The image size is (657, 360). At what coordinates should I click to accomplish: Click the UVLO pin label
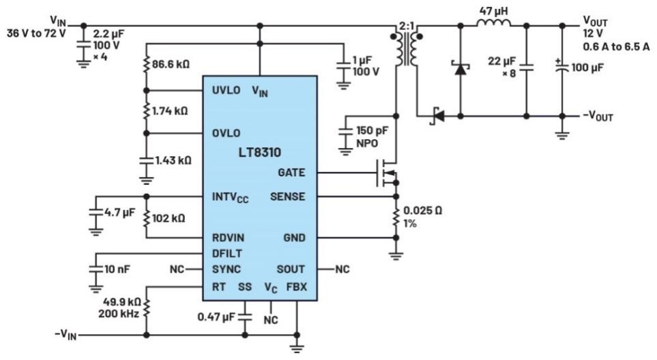tap(226, 91)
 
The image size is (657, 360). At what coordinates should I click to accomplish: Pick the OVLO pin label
tap(226, 133)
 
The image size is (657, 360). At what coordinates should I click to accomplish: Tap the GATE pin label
tap(292, 172)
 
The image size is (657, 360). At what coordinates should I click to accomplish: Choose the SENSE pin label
tap(289, 197)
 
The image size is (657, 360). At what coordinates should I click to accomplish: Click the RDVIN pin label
tap(229, 238)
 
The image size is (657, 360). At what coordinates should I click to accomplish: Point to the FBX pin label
tap(295, 287)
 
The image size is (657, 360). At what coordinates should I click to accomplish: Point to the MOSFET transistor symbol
tap(385, 174)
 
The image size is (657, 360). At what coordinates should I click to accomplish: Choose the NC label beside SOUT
tap(342, 269)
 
